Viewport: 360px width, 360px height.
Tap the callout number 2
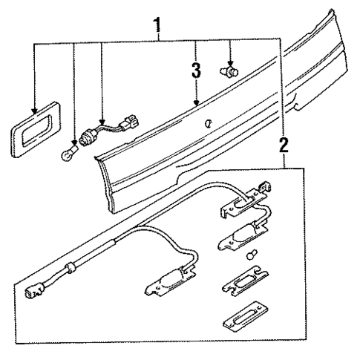tap(283, 145)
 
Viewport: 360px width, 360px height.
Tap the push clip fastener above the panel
tap(229, 72)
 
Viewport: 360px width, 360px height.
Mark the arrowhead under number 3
tap(195, 102)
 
